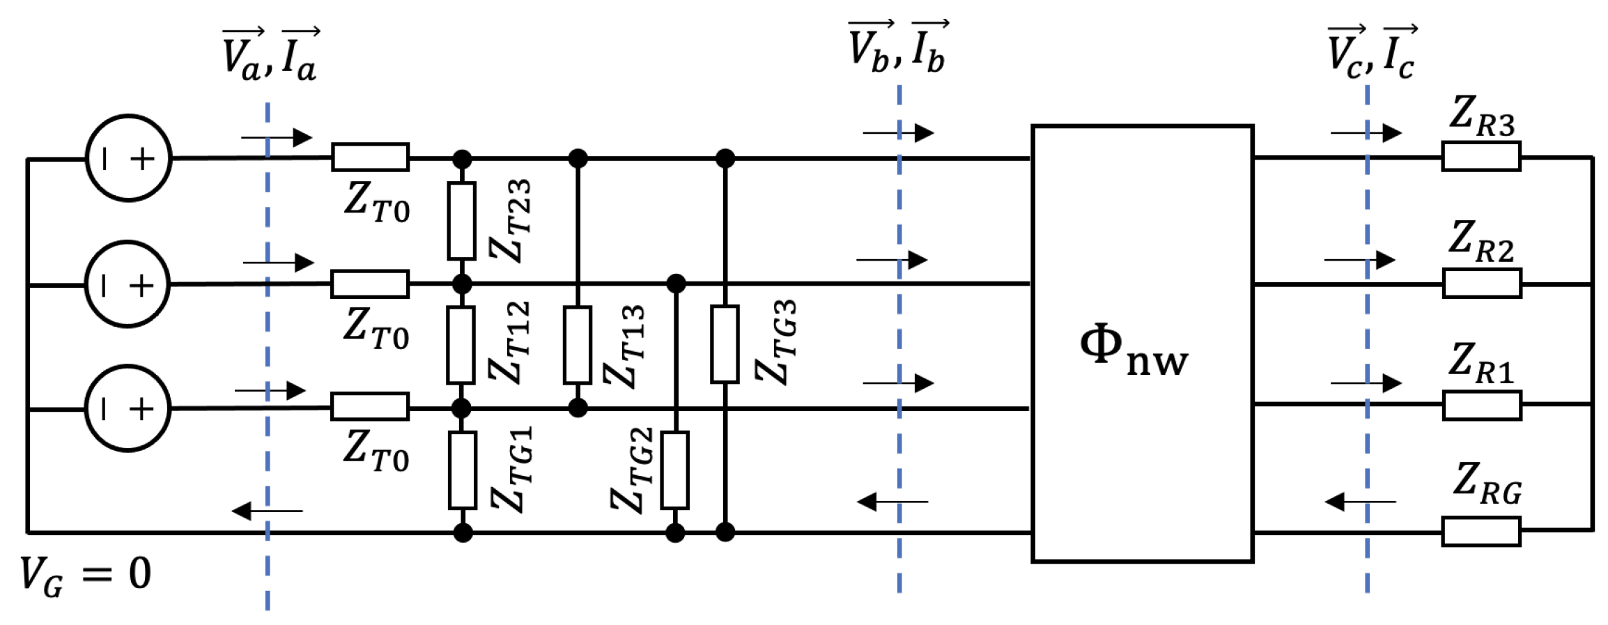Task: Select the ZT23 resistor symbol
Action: pyautogui.click(x=461, y=221)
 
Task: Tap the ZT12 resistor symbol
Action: pyautogui.click(x=461, y=345)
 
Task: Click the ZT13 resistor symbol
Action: pyautogui.click(x=578, y=345)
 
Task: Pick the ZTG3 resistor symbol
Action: pyautogui.click(x=725, y=344)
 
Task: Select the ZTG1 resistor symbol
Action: pyautogui.click(x=463, y=470)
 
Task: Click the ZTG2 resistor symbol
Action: pyautogui.click(x=674, y=470)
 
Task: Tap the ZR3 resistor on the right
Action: pyautogui.click(x=1481, y=157)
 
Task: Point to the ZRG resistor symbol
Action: pyautogui.click(x=1481, y=532)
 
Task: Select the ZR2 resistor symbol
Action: pyautogui.click(x=1481, y=284)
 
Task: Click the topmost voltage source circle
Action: pyautogui.click(x=128, y=159)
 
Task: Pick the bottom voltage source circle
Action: pyautogui.click(x=127, y=409)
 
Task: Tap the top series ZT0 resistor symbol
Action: pyautogui.click(x=370, y=157)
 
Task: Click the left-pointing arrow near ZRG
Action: pyautogui.click(x=1360, y=502)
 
